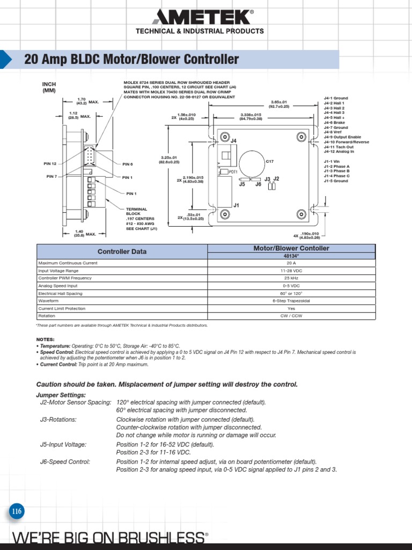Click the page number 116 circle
[17, 511]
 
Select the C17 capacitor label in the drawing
[270, 161]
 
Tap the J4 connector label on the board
[233, 141]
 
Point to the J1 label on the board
[236, 205]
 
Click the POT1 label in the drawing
[233, 172]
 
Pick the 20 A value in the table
[291, 263]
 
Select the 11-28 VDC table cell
[291, 271]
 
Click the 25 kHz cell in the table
[291, 278]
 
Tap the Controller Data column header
[122, 251]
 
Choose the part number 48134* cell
[291, 256]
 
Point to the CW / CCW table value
[291, 316]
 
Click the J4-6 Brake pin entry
[335, 122]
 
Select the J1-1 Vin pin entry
[332, 162]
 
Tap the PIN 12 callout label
[50, 164]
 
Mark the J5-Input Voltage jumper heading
[63, 445]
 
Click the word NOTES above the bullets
[45, 339]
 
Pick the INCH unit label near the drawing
[49, 84]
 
